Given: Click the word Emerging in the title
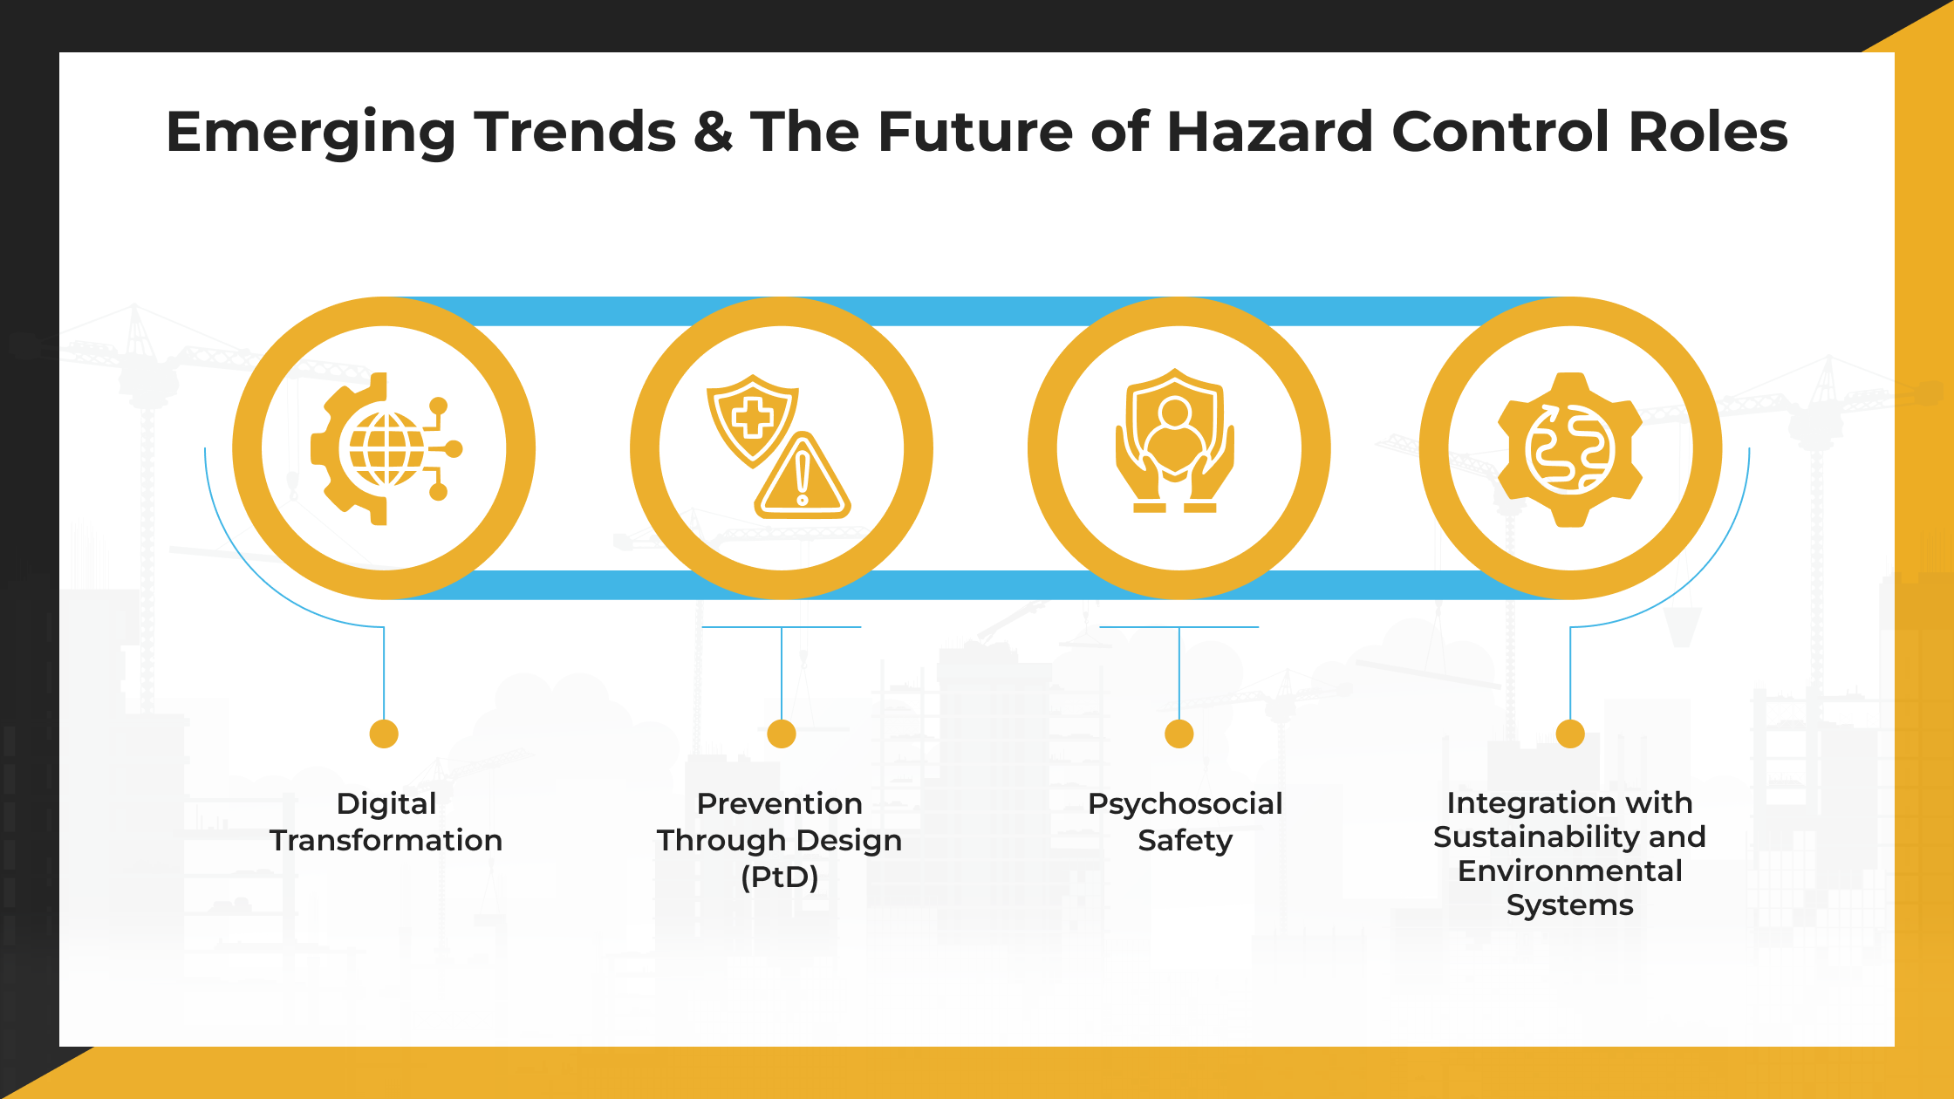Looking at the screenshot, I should pos(311,133).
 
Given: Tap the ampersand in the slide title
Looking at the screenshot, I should pos(713,133).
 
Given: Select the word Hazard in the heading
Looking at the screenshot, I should pos(1269,133).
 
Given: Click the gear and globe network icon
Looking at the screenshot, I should pos(385,448).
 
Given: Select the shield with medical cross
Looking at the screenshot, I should pos(752,419).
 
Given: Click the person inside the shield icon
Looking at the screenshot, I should pos(1175,436).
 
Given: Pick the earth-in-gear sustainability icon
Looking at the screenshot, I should pos(1570,449).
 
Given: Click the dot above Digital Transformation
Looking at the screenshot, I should pos(384,734).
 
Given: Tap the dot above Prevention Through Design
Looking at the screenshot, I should pos(782,734).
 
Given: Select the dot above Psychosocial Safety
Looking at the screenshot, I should pos(1179,734).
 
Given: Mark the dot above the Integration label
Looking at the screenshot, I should pos(1570,734).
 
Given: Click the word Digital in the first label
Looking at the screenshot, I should pos(386,804).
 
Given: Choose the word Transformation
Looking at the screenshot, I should pos(386,841).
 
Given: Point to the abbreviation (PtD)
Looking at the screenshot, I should pos(780,877).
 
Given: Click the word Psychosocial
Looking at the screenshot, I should pos(1185,804).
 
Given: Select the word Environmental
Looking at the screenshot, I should pos(1570,870).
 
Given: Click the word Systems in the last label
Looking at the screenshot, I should pos(1570,905).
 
